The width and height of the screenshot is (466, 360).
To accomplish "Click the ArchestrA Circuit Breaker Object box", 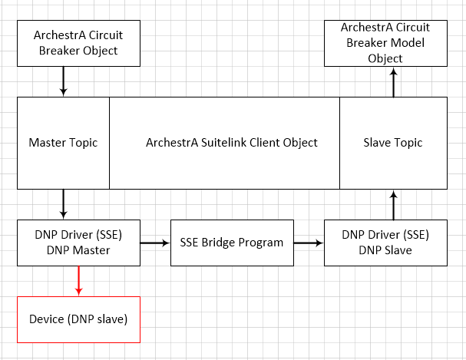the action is click(78, 43).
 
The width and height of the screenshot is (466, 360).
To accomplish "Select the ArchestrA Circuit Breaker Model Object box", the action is click(385, 43).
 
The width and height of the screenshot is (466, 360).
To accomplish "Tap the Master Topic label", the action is click(63, 143).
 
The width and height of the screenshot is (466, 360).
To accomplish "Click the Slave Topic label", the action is click(393, 143).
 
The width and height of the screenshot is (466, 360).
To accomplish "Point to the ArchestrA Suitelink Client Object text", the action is click(232, 143).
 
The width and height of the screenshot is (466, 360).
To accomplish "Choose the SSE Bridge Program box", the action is click(232, 243).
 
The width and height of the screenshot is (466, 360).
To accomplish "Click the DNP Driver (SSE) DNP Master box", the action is click(78, 243).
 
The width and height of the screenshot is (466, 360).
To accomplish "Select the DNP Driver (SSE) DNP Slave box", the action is click(385, 243).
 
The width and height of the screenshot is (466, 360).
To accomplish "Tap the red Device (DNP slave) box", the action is click(78, 319).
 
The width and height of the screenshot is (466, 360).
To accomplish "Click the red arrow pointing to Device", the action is click(79, 281).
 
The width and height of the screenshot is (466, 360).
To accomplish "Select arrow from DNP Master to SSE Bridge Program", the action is click(155, 243).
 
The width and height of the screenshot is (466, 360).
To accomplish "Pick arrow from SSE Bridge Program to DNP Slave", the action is click(309, 243).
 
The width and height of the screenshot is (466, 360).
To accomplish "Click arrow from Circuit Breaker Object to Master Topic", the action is click(63, 81).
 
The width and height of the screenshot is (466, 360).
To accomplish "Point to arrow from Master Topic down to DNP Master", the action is click(63, 204).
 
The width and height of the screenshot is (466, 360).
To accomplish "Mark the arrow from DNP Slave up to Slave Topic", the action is click(394, 205).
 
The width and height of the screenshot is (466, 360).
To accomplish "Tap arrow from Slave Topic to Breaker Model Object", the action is click(394, 82).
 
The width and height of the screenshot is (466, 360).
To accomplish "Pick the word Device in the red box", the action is click(47, 319).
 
